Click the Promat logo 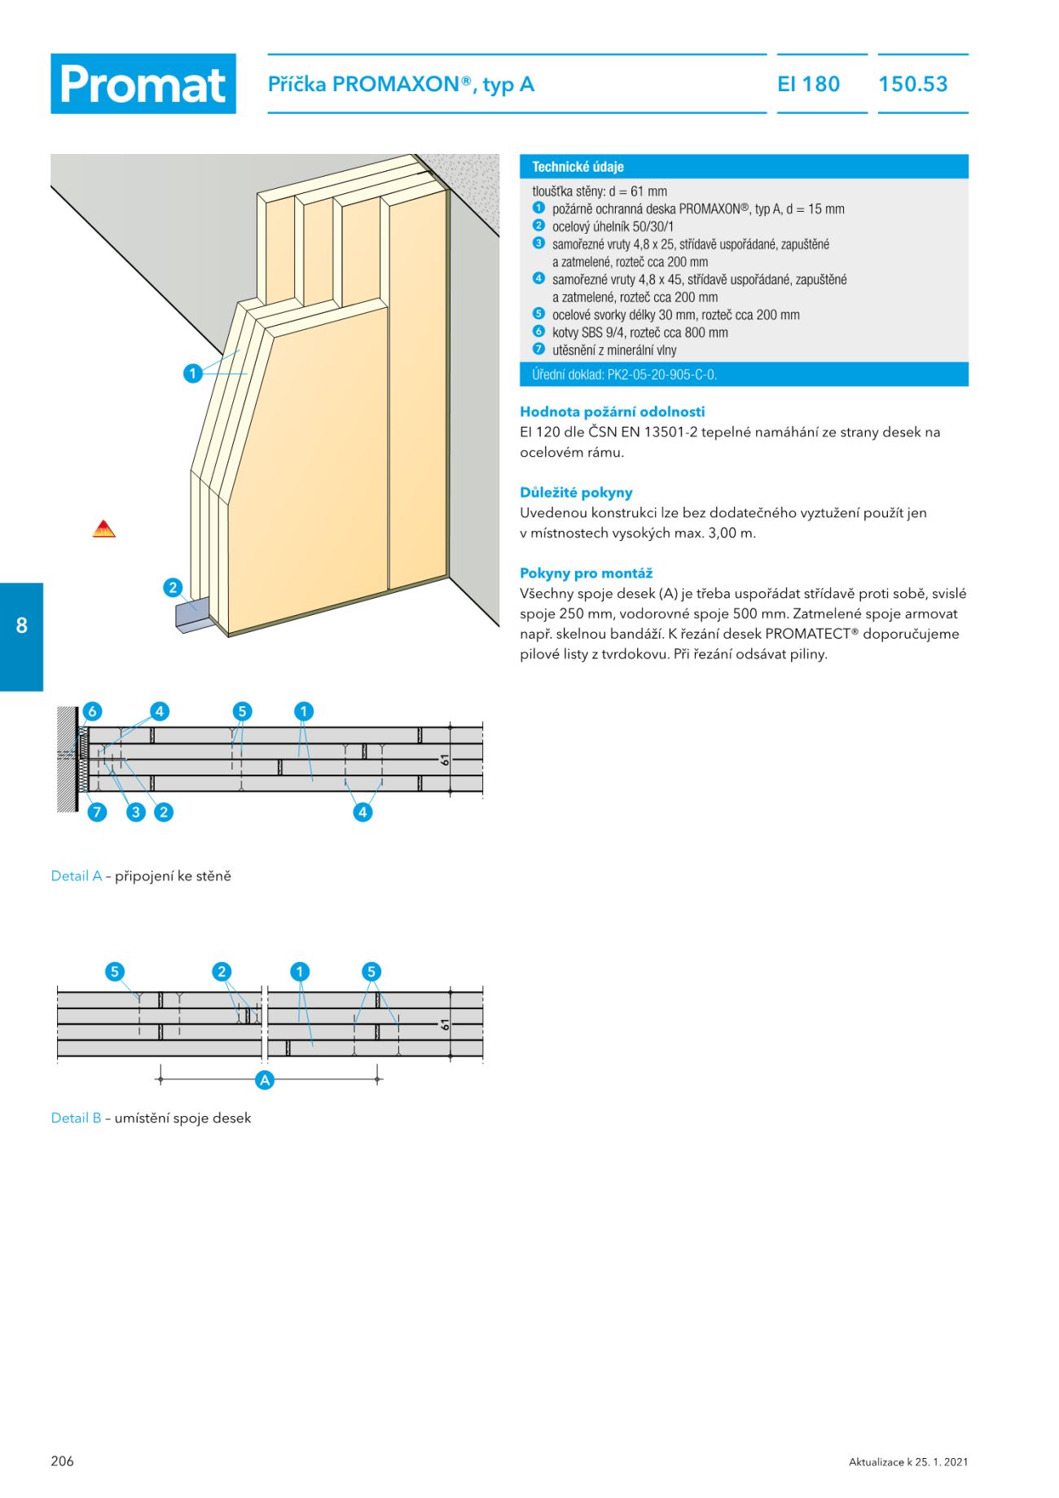coord(143,84)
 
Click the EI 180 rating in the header coord(808,84)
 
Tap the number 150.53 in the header coord(913,84)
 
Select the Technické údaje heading coord(578,167)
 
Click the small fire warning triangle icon coord(103,529)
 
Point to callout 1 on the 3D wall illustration coord(192,373)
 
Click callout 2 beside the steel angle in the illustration coord(172,587)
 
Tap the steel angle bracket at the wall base coord(192,617)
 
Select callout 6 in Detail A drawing coord(92,711)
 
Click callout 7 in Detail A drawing coord(97,812)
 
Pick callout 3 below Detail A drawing coord(136,812)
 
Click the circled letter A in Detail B coord(265,1080)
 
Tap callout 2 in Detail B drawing coord(222,971)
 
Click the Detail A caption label coord(76,876)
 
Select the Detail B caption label coord(76,1118)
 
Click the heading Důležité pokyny coord(576,493)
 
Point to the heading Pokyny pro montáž coord(586,573)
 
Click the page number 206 coord(62,1461)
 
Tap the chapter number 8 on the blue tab coord(22,626)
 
